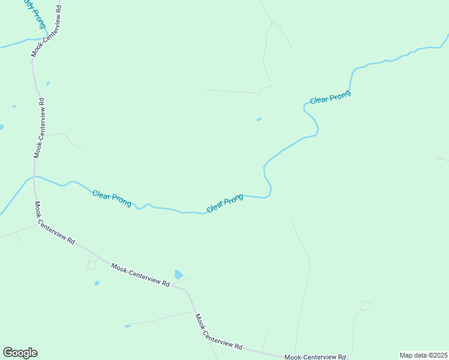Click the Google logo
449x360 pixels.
20,353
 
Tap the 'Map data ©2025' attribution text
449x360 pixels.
423,355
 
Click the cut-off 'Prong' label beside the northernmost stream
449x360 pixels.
35,13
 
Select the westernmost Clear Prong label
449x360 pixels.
112,198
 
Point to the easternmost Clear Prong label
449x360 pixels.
330,97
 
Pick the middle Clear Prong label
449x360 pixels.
224,203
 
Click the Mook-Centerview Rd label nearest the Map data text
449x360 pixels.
315,356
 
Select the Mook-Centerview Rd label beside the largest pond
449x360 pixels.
140,274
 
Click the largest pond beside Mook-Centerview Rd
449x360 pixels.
178,275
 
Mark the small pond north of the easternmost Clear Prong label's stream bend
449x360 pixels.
259,119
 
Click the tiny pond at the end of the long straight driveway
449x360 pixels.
127,326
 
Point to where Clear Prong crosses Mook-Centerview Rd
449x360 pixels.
34,176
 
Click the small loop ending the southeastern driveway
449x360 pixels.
366,305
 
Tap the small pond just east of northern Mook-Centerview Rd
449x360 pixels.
47,83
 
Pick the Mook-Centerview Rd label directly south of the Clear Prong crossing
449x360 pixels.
54,223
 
